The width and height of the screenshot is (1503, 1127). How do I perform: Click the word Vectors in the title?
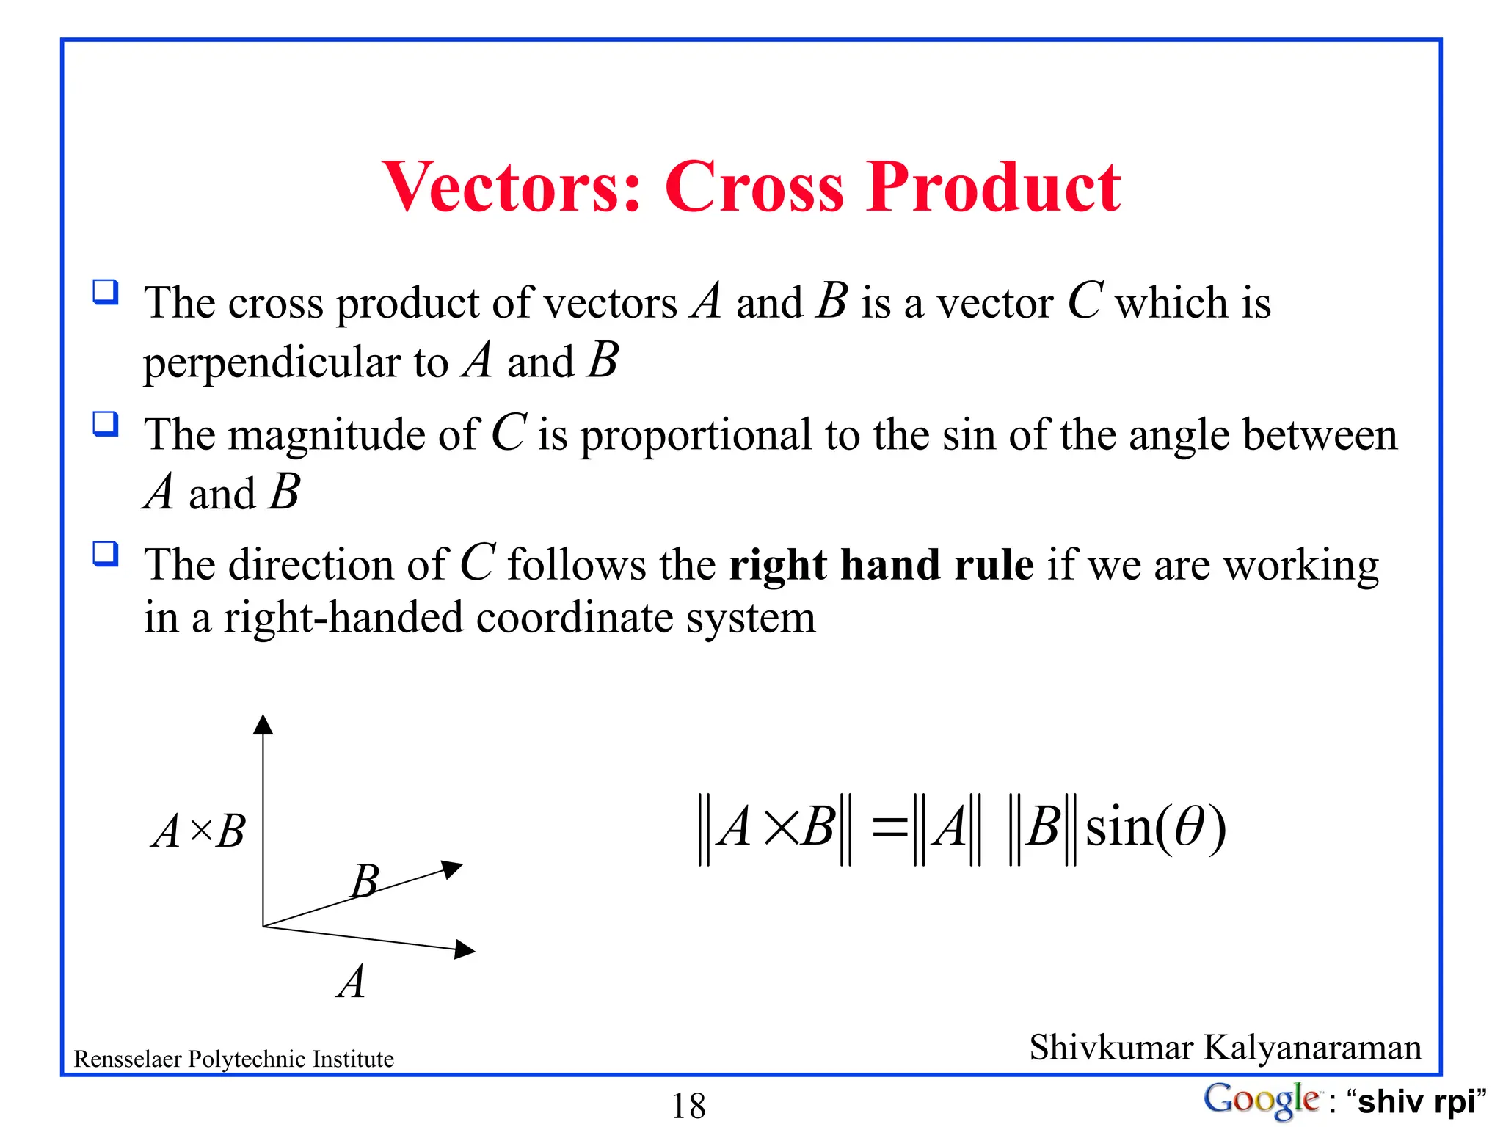tap(512, 187)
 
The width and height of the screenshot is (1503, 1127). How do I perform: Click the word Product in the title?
tap(994, 187)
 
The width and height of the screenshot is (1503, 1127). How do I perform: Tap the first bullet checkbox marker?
tap(106, 292)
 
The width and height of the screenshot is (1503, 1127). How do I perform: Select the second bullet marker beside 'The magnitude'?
tap(106, 423)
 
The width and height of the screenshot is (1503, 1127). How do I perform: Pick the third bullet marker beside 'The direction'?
tap(106, 553)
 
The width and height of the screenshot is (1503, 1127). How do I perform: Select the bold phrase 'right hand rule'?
tap(881, 565)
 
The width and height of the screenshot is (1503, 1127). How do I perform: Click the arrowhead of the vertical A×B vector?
tap(263, 724)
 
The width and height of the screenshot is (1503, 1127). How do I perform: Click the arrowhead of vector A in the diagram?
tap(465, 949)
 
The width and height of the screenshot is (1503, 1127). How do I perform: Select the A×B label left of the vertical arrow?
tap(199, 832)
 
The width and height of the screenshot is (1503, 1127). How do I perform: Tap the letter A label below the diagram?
tap(352, 982)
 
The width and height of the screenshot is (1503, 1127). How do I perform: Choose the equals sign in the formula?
tap(889, 828)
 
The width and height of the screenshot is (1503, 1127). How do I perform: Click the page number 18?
tap(688, 1106)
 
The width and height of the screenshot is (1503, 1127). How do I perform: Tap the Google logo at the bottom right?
tap(1260, 1100)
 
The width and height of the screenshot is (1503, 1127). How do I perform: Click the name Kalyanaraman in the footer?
tap(1313, 1047)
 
